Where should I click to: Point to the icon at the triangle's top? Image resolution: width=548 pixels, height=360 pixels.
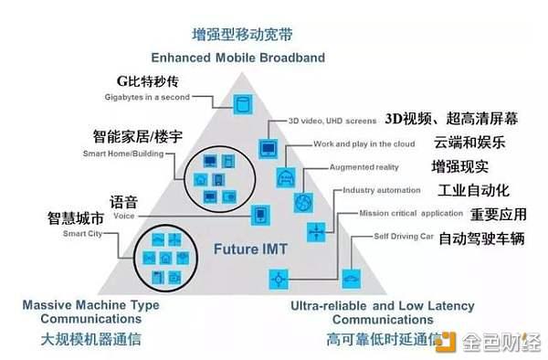(x=242, y=102)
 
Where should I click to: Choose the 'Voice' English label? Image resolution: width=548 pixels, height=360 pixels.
(x=124, y=217)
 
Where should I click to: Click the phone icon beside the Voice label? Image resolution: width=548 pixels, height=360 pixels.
(x=261, y=215)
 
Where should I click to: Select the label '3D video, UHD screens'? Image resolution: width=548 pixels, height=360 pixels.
(x=332, y=121)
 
